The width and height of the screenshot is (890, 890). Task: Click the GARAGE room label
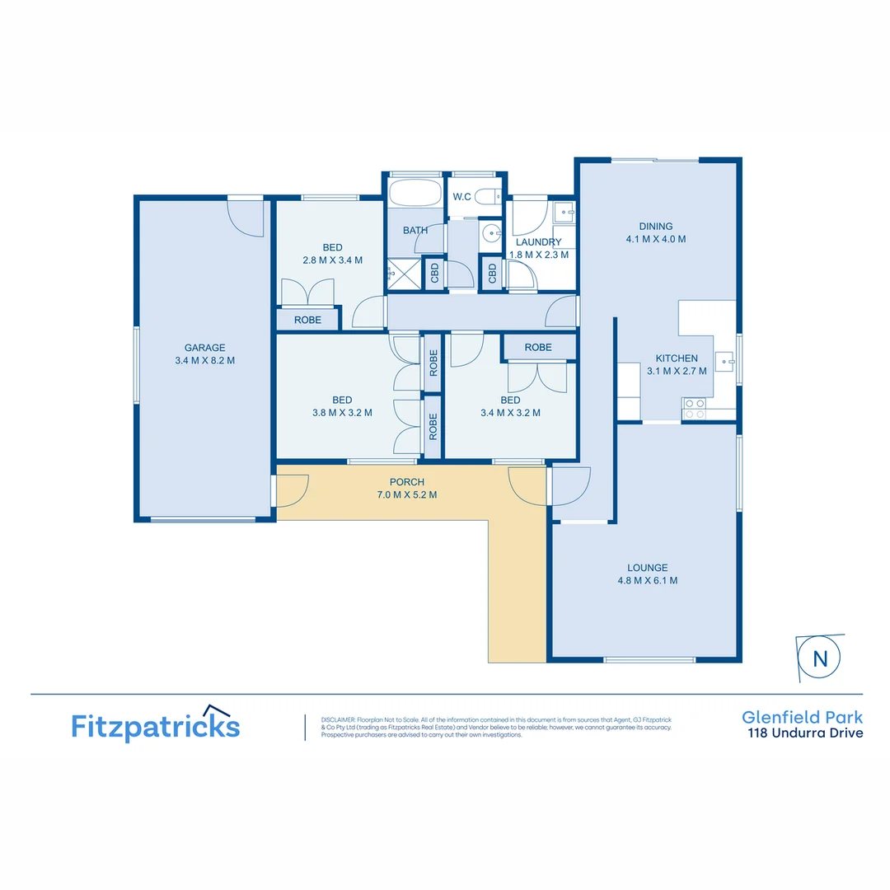point(204,348)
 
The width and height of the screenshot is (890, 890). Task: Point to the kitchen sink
point(724,359)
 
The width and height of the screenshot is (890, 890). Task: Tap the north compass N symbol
point(820,658)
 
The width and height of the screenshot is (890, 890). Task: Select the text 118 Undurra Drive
point(805,733)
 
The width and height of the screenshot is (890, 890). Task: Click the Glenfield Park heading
point(802,717)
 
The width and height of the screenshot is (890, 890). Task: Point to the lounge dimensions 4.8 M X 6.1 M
point(647,580)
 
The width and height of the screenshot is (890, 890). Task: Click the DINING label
point(656,227)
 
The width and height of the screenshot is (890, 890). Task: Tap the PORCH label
point(407,482)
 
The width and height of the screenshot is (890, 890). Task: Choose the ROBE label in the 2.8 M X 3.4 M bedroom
point(307,320)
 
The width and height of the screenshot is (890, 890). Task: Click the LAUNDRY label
point(538,242)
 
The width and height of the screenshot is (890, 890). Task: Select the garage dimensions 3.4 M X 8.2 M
point(204,360)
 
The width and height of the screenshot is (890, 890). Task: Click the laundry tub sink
point(564,213)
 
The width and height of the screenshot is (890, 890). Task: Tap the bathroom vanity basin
point(491,233)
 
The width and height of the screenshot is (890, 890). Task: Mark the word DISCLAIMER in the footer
point(338,719)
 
